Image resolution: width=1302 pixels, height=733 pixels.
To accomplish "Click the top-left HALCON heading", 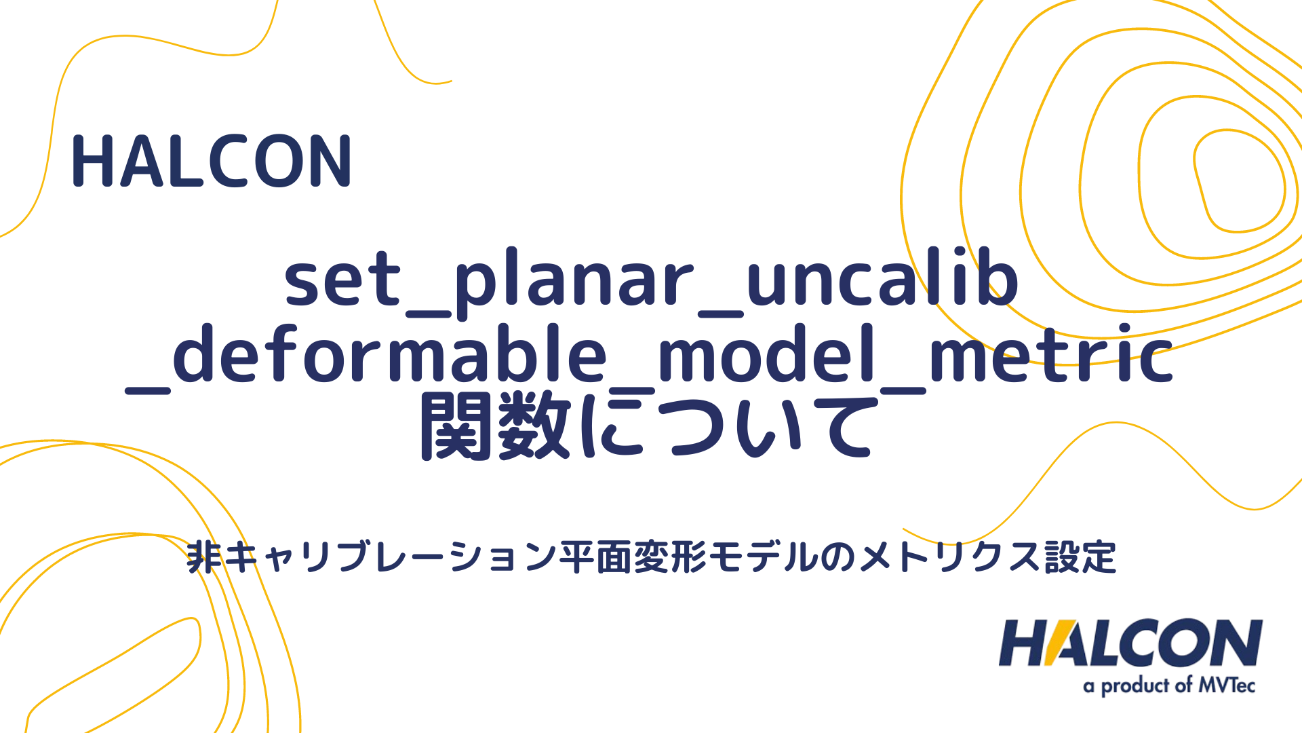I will (211, 162).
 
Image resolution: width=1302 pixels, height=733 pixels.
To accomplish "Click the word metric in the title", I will (1051, 354).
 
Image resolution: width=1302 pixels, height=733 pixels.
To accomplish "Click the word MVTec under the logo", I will (1227, 685).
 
